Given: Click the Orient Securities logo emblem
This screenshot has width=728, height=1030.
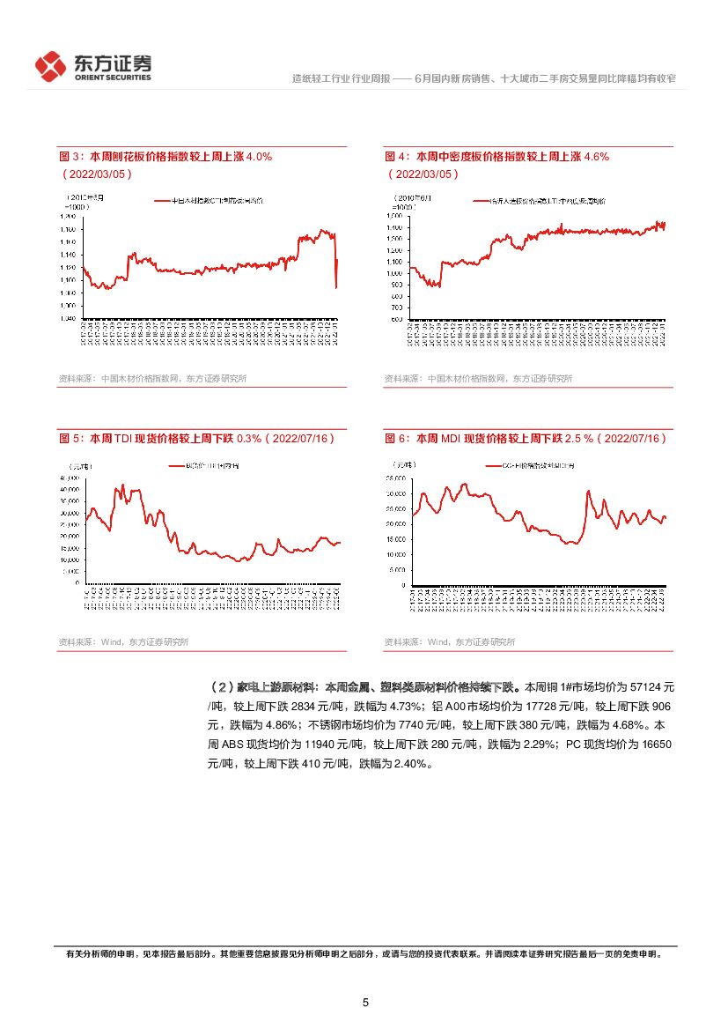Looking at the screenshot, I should click(51, 66).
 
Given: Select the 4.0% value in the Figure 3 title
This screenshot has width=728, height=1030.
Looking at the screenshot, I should click(259, 157).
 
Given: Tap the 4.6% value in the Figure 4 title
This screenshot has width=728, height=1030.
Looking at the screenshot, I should click(596, 157).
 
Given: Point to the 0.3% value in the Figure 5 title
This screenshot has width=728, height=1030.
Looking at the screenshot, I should click(250, 438).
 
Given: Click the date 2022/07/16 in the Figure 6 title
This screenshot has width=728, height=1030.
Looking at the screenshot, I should click(634, 438).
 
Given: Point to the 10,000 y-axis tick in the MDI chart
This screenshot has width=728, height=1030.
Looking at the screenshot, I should click(395, 554).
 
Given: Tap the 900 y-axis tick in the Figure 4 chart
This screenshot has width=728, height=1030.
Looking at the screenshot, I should click(397, 285).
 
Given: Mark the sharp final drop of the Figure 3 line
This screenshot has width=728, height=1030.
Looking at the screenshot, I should click(336, 273).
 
